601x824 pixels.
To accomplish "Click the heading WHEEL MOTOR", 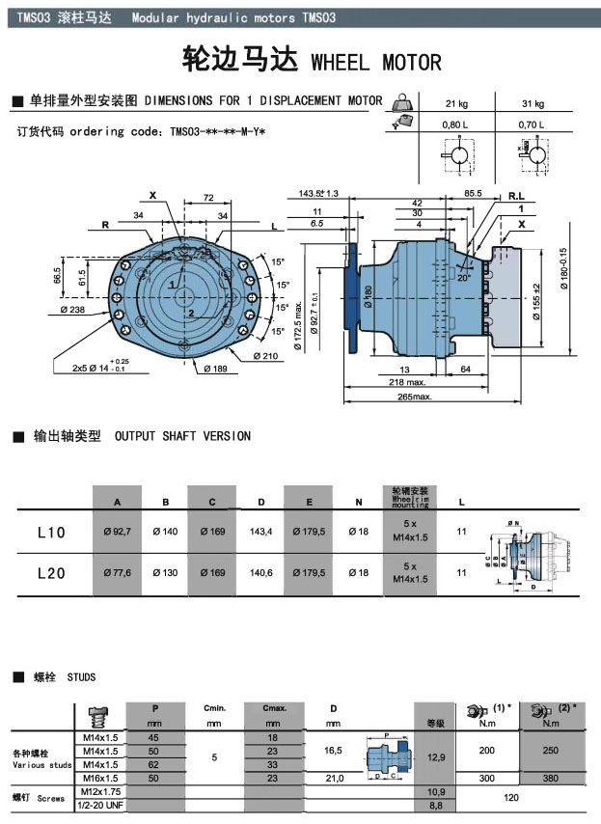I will (376, 62).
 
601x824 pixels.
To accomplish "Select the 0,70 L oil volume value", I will (533, 124).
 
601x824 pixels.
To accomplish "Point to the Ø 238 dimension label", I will (72, 310).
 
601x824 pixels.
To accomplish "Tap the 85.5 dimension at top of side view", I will (473, 194).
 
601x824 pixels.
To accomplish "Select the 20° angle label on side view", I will (464, 277).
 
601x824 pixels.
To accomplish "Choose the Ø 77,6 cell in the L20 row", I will (118, 573).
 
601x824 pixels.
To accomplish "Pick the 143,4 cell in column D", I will (260, 533).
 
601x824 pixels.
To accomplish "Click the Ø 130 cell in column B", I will (166, 573).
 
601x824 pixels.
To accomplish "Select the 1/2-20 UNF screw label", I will (101, 804).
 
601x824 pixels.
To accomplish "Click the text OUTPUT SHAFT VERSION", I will (182, 436).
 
